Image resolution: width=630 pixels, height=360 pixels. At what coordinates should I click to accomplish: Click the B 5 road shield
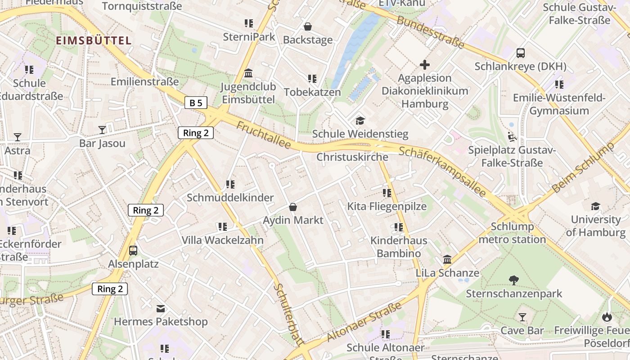[x=196, y=103]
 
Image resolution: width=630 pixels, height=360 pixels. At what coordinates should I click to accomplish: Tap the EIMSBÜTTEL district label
[x=94, y=40]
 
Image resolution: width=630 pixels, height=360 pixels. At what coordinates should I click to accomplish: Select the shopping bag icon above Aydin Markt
[x=293, y=207]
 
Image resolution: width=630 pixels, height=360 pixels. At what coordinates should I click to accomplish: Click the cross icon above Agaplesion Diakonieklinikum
[x=424, y=65]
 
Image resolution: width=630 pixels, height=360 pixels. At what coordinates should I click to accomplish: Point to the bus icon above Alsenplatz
[x=133, y=250]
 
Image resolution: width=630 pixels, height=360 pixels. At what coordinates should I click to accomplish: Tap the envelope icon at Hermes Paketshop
[x=161, y=309]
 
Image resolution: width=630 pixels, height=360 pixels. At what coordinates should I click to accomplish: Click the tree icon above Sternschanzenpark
[x=513, y=280]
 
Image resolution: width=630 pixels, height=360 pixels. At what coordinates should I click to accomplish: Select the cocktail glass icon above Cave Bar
[x=522, y=317]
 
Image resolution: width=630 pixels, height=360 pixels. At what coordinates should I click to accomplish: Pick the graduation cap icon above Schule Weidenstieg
[x=360, y=121]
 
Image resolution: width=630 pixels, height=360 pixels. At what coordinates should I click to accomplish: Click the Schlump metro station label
[x=512, y=233]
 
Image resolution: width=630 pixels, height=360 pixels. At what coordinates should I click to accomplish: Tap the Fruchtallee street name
[x=263, y=135]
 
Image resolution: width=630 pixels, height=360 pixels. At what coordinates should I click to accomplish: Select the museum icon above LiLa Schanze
[x=447, y=260]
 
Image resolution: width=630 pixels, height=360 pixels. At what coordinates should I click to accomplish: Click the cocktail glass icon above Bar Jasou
[x=102, y=130]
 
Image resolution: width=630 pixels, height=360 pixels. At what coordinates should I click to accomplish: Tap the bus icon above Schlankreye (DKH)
[x=520, y=53]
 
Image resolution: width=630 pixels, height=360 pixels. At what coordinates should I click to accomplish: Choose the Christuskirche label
[x=352, y=157]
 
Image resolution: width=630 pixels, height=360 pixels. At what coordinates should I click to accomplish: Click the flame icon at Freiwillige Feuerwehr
[x=607, y=317]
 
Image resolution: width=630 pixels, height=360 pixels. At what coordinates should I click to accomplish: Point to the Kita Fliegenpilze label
[x=387, y=207]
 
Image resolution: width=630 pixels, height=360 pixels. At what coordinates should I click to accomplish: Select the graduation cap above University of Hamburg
[x=595, y=206]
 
